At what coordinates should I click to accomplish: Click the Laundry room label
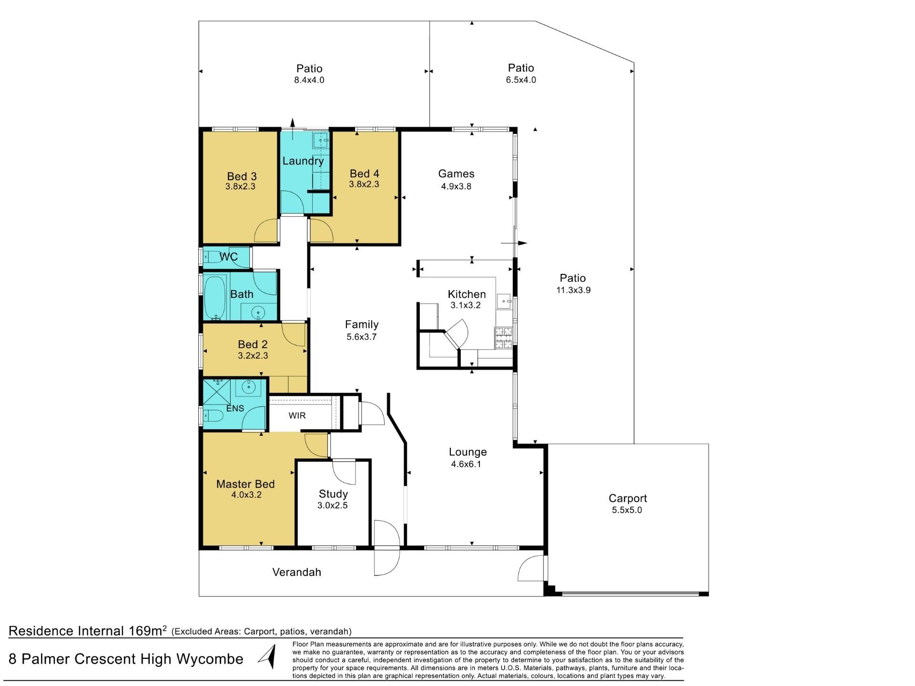303,161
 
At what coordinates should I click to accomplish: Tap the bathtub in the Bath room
216,298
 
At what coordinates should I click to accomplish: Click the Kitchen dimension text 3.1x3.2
466,305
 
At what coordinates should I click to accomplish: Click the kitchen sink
505,301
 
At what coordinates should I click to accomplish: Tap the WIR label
297,416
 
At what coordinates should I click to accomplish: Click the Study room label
333,494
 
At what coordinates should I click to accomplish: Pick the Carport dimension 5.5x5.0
627,510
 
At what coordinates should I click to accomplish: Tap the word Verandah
297,572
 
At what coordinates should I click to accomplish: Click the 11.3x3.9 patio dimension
573,290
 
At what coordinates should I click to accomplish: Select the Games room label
456,174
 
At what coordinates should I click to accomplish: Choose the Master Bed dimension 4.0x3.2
246,495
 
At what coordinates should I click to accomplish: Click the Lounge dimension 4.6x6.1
466,464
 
